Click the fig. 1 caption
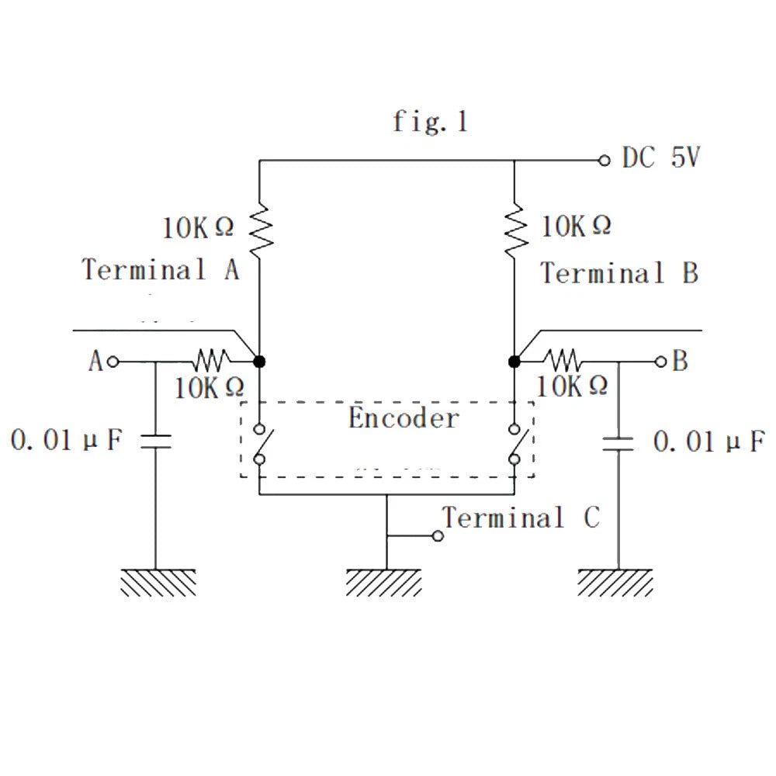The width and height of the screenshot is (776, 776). [430, 122]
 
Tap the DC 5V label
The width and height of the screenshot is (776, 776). [661, 158]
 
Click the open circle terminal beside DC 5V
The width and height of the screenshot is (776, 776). [605, 161]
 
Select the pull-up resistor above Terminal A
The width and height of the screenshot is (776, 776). [260, 229]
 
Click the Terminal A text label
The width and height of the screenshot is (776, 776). [161, 269]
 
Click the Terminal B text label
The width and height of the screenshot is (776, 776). [619, 272]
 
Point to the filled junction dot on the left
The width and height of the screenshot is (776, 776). [259, 362]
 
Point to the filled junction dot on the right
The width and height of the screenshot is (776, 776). [514, 362]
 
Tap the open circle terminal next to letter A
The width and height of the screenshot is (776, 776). [113, 362]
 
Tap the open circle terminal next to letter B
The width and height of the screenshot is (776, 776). [660, 362]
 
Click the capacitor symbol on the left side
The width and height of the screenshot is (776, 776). [156, 441]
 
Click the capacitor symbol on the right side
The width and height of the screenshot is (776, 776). [618, 444]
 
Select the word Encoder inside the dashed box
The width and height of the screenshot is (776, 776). [404, 417]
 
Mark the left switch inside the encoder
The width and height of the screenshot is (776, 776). [262, 444]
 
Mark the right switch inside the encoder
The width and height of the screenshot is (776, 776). [517, 444]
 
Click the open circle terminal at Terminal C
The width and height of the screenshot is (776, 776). [438, 536]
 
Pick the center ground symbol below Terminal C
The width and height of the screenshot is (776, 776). [385, 583]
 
